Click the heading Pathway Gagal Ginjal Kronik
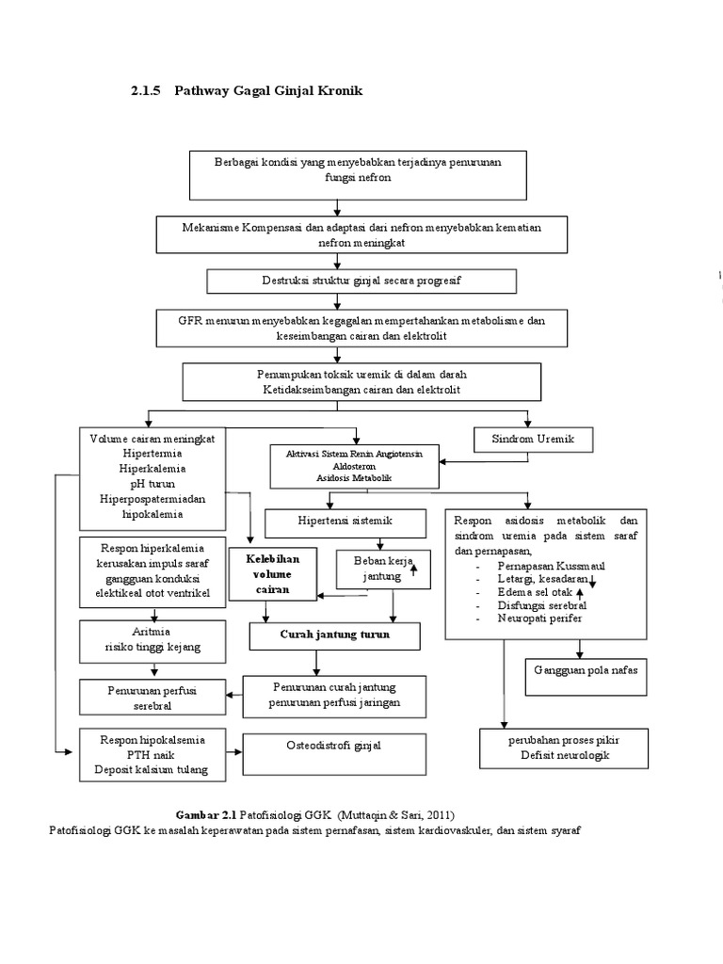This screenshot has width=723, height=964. click(x=268, y=91)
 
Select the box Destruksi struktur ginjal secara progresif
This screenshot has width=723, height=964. click(x=361, y=281)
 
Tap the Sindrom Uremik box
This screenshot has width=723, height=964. click(x=533, y=440)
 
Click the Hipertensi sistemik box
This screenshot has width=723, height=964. click(x=345, y=523)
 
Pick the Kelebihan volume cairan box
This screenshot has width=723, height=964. click(x=273, y=574)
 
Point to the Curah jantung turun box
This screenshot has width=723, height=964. click(x=334, y=636)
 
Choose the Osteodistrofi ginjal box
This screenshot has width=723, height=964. click(x=334, y=754)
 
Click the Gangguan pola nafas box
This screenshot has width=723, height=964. click(x=586, y=677)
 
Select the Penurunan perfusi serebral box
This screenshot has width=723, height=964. click(x=153, y=698)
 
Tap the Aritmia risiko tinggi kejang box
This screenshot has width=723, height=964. click(x=153, y=641)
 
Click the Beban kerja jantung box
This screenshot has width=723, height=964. click(x=383, y=570)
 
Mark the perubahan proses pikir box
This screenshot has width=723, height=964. click(x=564, y=748)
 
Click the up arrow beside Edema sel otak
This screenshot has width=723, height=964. click(x=580, y=593)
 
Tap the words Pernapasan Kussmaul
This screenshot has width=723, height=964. click(x=551, y=566)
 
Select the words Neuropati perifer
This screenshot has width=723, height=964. click(x=539, y=619)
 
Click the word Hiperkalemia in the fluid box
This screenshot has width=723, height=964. click(x=153, y=469)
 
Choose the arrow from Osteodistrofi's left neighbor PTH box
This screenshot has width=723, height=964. click(x=234, y=752)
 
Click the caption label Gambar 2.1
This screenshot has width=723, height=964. click(x=206, y=815)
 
